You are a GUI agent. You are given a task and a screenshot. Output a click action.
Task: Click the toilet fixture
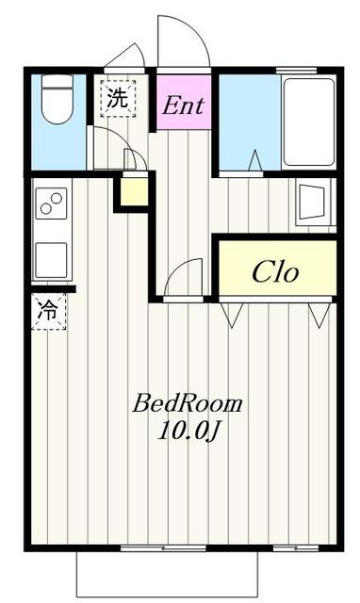tap(57, 99)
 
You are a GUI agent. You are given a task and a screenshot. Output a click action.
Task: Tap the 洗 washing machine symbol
tap(118, 98)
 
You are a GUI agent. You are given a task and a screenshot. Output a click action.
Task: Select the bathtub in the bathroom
tap(308, 122)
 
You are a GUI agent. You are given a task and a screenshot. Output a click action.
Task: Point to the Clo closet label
tap(275, 272)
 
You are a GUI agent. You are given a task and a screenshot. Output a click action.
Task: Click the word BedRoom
tap(188, 404)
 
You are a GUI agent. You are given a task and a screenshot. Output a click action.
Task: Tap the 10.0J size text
tap(188, 431)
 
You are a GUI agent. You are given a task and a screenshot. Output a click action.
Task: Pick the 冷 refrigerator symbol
tap(48, 311)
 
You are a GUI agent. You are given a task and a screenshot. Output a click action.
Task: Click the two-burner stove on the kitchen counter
tap(51, 204)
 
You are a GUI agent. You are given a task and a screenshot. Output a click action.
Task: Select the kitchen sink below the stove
tap(51, 260)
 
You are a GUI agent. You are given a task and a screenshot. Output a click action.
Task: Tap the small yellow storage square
tap(134, 191)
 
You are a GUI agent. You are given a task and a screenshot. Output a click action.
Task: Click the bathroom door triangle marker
tap(255, 160)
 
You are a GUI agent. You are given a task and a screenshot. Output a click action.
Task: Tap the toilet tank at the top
tap(57, 82)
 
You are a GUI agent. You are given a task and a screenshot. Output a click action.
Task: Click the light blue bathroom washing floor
tap(250, 122)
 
